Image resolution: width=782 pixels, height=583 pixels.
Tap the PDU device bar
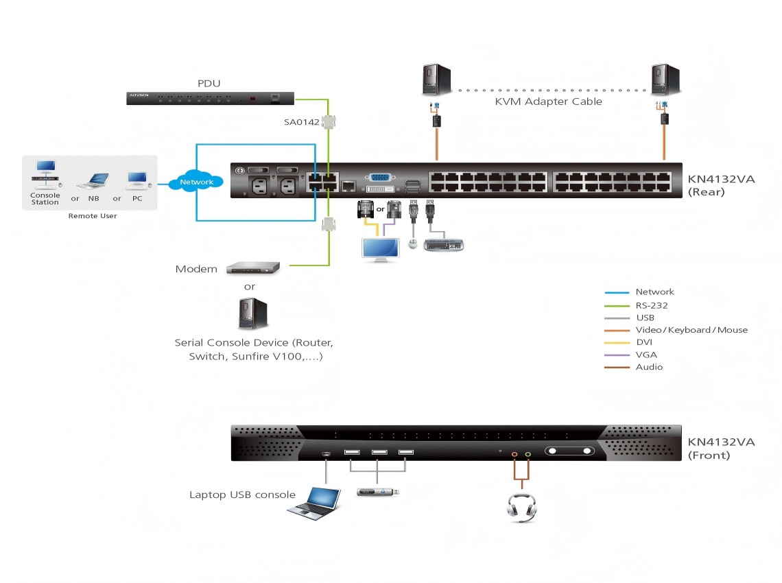point(211,98)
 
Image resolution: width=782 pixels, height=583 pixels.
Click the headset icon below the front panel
point(521,508)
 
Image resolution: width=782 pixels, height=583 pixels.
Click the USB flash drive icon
point(378,492)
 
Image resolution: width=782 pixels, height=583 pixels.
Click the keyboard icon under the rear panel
point(444,244)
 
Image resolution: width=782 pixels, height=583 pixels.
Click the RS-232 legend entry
point(651,305)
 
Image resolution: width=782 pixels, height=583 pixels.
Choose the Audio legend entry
point(649,367)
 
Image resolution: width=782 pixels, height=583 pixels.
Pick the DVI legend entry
point(644,342)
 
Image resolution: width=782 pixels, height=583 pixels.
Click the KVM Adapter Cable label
point(548,102)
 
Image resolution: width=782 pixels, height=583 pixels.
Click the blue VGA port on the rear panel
point(381,178)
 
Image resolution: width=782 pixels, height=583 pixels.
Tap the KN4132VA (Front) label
point(721,448)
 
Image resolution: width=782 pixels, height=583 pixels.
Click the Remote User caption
point(93,216)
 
